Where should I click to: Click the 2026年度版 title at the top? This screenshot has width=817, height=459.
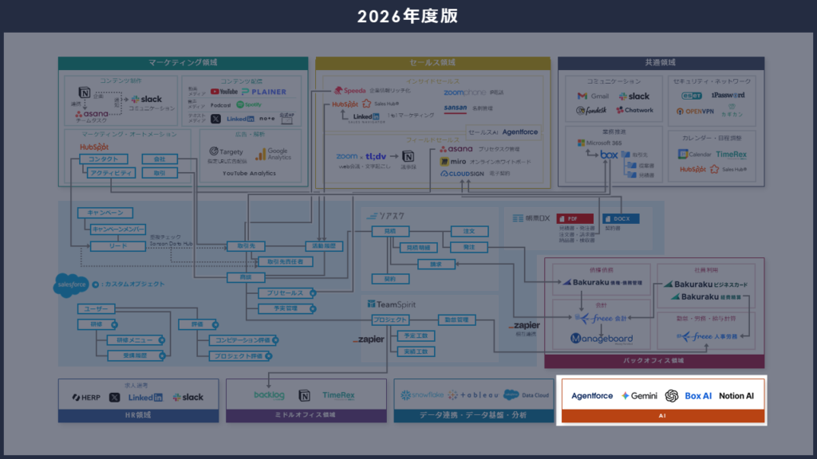click(408, 16)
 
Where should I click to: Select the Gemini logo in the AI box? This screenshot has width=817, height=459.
click(639, 396)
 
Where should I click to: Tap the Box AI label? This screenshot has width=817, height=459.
click(698, 396)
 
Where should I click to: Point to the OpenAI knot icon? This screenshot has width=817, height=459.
click(672, 396)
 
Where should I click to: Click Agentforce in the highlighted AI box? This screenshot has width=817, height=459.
click(592, 396)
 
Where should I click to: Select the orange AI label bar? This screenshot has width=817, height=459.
click(661, 416)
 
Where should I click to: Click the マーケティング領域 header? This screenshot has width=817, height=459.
click(183, 63)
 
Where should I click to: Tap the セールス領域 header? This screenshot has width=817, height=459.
click(432, 63)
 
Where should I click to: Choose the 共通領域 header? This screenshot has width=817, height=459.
click(660, 63)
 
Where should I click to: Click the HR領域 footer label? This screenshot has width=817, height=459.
click(138, 415)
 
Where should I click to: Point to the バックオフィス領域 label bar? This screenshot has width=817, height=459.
click(654, 361)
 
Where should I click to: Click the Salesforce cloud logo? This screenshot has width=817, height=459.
click(71, 284)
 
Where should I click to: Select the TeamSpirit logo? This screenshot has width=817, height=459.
click(392, 304)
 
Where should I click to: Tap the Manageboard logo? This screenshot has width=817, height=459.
click(602, 339)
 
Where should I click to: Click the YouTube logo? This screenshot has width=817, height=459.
click(223, 92)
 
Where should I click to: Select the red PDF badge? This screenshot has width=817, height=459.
click(569, 218)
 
